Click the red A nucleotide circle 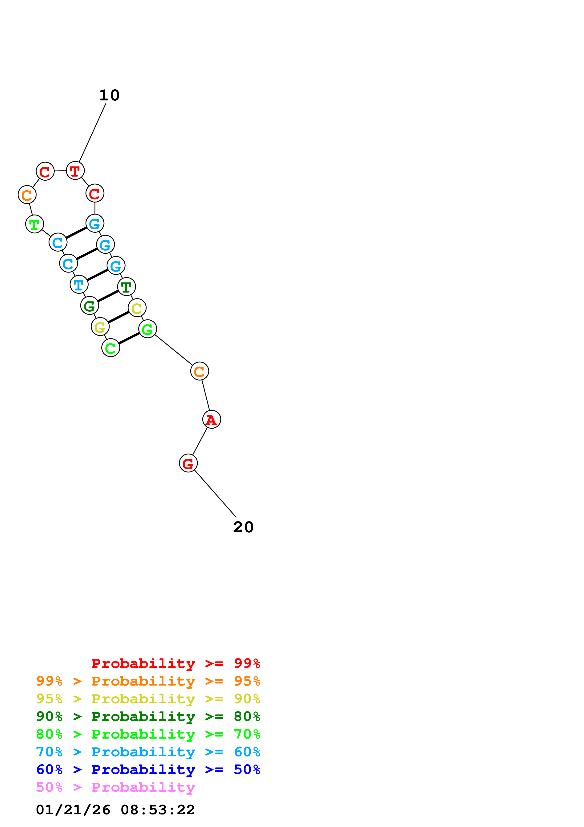coord(211,420)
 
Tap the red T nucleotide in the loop coord(75,171)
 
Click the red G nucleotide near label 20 coord(188,463)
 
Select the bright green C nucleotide coord(110,348)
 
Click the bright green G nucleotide coord(147,329)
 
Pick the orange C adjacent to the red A coord(199,371)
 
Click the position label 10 coord(109,95)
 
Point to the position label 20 coord(243,527)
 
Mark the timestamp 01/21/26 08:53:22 coord(115,810)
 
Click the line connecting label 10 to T coord(92,133)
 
